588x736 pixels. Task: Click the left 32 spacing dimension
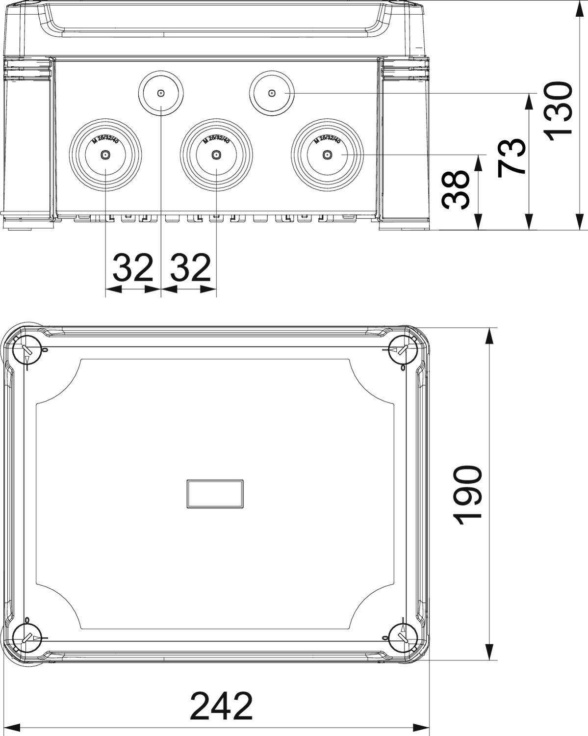(133, 268)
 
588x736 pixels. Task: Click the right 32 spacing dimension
(189, 268)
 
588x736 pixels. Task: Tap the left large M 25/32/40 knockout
(105, 155)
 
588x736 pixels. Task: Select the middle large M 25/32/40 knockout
(216, 155)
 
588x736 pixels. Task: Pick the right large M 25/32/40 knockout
(327, 155)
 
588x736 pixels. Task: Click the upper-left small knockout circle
(161, 93)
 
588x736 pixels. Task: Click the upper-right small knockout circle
(272, 93)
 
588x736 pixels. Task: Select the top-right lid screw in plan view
(403, 350)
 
